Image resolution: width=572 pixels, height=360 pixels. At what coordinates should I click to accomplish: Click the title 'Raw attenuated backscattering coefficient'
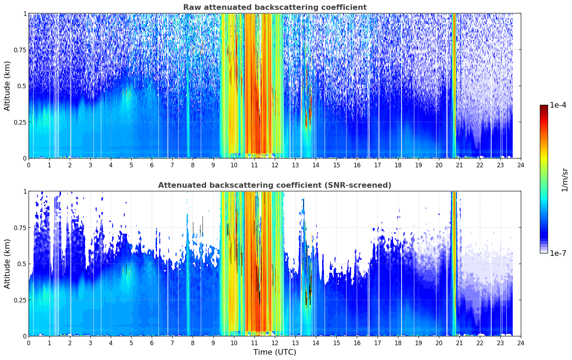click(x=275, y=7)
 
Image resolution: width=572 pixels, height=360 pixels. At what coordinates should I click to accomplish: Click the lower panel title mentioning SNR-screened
click(x=275, y=185)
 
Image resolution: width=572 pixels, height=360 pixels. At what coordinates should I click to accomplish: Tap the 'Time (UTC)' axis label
click(x=275, y=352)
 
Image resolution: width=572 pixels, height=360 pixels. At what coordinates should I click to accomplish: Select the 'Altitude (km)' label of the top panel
click(x=7, y=86)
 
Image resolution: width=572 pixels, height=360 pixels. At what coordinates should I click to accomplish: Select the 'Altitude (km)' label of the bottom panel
click(x=7, y=264)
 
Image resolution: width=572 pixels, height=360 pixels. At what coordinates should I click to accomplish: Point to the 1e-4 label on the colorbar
click(x=558, y=105)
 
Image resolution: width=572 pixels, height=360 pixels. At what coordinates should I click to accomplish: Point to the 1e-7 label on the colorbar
click(x=558, y=253)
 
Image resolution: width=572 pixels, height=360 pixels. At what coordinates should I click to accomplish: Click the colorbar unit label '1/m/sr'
click(x=565, y=180)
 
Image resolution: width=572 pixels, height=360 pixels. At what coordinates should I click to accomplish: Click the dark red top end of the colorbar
click(x=544, y=106)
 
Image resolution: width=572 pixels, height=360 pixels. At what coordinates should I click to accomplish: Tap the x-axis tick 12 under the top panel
click(x=275, y=165)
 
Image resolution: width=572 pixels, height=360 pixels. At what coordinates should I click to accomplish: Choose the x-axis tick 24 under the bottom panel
click(x=521, y=343)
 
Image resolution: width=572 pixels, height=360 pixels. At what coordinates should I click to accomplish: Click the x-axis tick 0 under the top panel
click(x=29, y=165)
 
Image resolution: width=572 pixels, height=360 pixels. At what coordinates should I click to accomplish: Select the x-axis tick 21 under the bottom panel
click(x=459, y=343)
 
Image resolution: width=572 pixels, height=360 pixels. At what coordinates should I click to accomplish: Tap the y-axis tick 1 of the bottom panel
click(x=25, y=192)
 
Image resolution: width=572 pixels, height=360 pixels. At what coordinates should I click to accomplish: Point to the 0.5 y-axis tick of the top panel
click(x=22, y=86)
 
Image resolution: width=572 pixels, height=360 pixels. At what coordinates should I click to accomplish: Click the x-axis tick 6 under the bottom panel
click(x=152, y=343)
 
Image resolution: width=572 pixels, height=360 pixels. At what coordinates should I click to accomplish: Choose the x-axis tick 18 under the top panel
click(x=398, y=165)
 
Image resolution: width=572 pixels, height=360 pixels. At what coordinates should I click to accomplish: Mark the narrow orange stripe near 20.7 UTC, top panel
click(x=454, y=85)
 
